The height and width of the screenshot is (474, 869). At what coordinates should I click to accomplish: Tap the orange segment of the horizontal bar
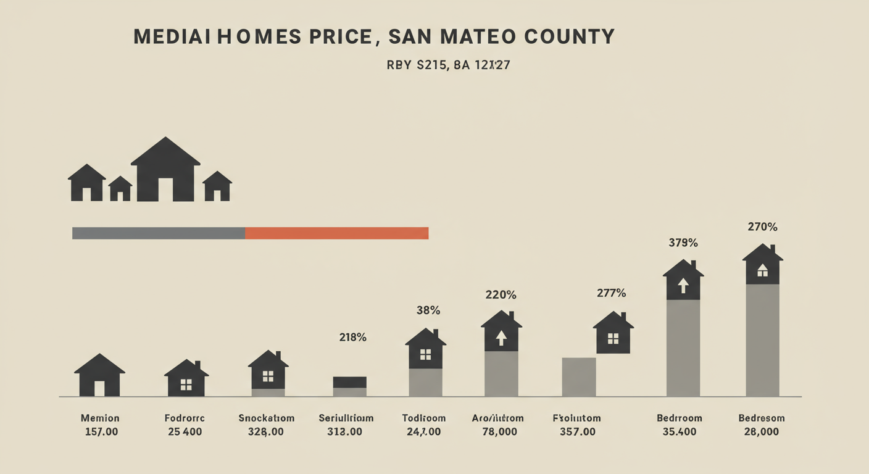336,233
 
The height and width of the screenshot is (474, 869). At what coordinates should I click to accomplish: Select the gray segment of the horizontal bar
159,233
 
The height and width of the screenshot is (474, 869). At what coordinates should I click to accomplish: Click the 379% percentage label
683,243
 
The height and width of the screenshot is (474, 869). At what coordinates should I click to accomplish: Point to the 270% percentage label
762,227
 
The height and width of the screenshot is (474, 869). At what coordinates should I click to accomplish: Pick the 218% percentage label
352,337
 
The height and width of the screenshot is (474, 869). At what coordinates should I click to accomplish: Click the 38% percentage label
428,310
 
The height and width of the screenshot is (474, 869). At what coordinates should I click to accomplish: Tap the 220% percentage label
501,295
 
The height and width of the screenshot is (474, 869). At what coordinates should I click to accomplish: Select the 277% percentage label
611,293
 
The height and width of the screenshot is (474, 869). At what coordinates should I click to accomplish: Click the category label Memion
99,418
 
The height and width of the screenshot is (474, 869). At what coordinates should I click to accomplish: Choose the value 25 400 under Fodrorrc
185,431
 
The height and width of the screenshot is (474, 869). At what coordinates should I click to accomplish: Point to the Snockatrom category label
266,418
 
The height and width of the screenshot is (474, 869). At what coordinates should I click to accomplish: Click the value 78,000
499,431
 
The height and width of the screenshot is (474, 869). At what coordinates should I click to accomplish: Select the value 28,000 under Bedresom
761,431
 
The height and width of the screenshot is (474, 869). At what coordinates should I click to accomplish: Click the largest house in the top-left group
165,170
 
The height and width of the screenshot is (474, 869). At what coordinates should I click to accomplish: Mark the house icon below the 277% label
613,333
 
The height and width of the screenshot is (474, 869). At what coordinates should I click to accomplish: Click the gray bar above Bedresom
762,339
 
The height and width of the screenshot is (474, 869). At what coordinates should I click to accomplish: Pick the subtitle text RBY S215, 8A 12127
447,64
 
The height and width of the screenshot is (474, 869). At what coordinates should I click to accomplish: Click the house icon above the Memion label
99,376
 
